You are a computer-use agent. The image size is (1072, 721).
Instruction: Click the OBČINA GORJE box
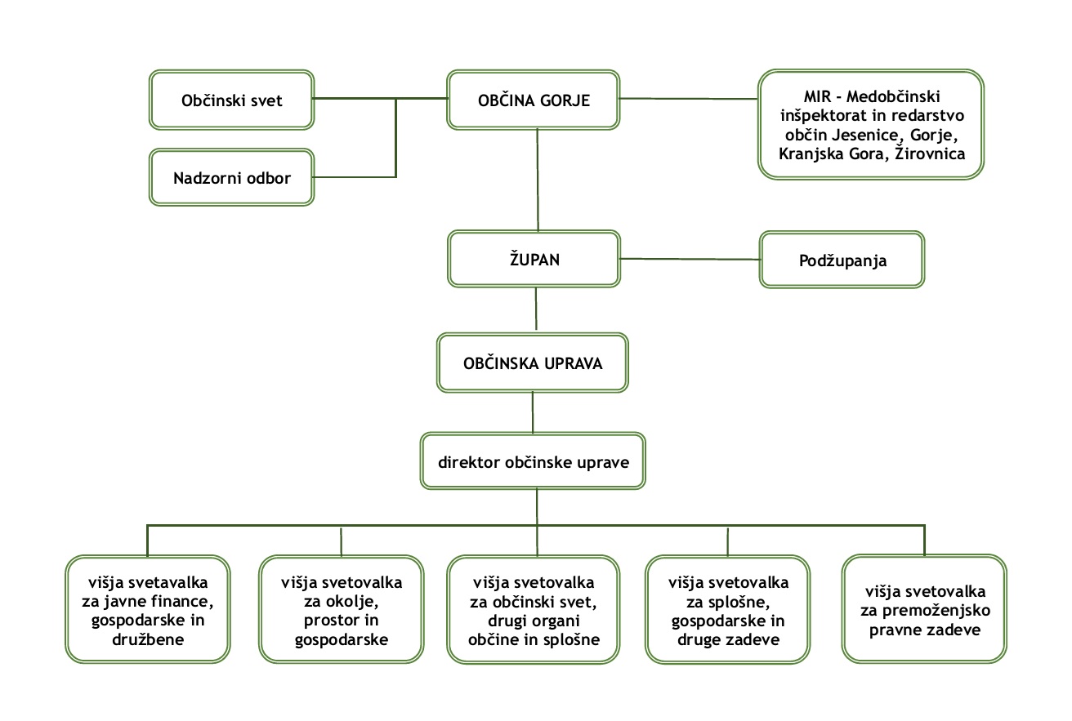tap(533, 100)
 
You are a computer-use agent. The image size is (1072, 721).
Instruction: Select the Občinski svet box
tap(231, 100)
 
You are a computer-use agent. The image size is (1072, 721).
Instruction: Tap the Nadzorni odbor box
tap(231, 177)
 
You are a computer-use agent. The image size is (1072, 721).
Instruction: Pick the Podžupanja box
tap(842, 260)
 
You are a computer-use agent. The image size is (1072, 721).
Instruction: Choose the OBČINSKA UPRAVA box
tap(533, 363)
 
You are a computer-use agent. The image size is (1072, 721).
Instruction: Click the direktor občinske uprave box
tap(533, 462)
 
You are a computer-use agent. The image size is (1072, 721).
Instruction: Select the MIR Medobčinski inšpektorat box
tap(870, 124)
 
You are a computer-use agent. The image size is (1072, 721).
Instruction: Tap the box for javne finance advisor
tap(148, 610)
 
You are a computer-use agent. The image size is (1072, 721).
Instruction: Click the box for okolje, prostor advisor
tap(342, 610)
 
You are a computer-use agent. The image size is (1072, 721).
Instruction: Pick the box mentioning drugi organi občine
tap(533, 610)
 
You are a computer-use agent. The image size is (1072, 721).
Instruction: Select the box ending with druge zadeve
tap(728, 610)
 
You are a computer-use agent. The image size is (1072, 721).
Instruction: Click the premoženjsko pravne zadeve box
tap(924, 610)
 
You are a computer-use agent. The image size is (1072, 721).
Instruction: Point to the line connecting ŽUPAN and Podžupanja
tap(690, 260)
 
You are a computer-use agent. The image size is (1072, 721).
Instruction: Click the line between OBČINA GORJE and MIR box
tap(688, 99)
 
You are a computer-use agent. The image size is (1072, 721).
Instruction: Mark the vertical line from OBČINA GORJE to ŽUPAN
tap(537, 180)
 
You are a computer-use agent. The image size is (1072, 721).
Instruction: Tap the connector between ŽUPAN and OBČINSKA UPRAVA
tap(536, 308)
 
